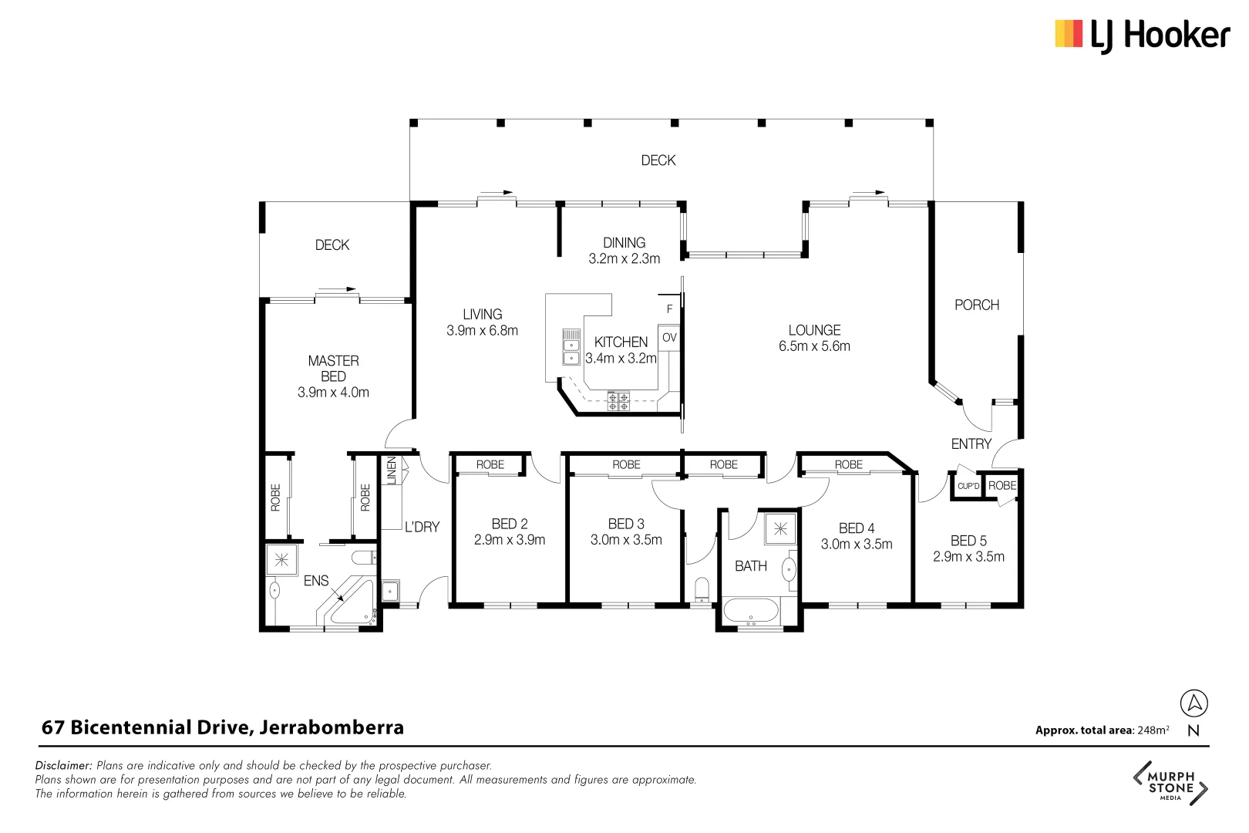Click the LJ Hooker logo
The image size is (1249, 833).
tap(1141, 35)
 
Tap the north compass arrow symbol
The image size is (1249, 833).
tap(1193, 703)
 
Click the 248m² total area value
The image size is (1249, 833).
tap(1153, 730)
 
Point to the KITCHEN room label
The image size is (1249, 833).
tap(621, 342)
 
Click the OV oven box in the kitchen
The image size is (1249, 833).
tap(669, 338)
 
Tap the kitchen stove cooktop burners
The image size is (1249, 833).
tap(618, 401)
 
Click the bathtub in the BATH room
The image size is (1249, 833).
tap(752, 612)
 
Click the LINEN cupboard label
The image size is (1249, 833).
tap(391, 470)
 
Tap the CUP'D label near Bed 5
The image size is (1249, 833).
tap(968, 486)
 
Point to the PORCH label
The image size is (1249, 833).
tap(976, 305)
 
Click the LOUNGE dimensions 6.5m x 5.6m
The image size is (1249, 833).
tap(814, 346)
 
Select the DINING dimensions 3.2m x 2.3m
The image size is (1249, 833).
tap(624, 259)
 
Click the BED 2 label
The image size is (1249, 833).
tap(509, 524)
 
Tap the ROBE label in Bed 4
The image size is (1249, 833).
tap(848, 464)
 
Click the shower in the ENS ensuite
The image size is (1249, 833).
tap(281, 559)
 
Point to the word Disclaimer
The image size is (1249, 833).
tap(63, 766)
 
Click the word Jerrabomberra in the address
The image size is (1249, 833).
tap(332, 727)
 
